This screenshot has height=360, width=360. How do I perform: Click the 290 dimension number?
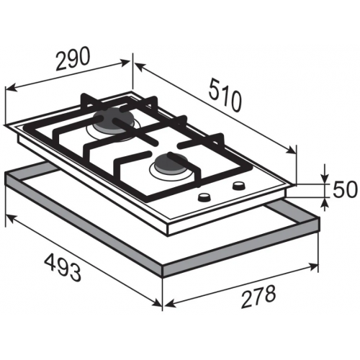click(x=73, y=58)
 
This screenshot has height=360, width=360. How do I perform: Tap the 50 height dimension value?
click(x=343, y=190)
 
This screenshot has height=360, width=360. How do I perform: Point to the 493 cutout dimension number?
click(x=63, y=267)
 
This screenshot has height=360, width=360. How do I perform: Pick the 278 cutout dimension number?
click(x=258, y=296)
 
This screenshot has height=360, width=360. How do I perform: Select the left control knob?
click(x=204, y=197)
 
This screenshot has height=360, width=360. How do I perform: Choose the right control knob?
click(x=238, y=185)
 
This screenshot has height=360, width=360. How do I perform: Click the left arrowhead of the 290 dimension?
click(x=10, y=88)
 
